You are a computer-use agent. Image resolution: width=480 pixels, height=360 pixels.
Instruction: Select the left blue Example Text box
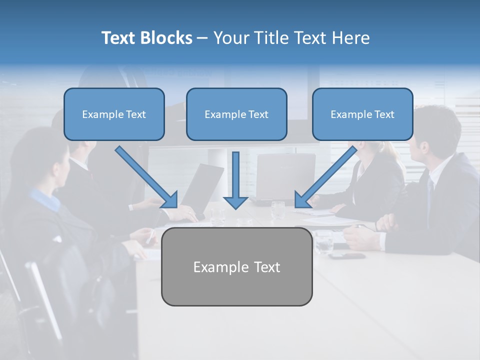pos(114,114)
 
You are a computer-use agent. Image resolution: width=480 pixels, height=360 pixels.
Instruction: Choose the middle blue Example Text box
pos(236,114)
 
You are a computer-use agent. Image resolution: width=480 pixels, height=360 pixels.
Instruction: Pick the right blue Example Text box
pos(362,114)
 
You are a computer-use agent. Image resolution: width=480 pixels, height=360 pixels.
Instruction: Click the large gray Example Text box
pos(236,267)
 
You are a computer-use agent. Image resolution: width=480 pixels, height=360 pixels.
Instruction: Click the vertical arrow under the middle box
pos(235,180)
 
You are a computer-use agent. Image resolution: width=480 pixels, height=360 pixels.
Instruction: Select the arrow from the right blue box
pos(326,176)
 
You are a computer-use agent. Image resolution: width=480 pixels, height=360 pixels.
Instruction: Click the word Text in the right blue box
pos(384,114)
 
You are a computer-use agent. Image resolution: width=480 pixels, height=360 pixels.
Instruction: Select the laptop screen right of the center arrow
pos(286,175)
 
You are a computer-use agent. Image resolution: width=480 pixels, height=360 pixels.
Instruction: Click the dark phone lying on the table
pos(347,256)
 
